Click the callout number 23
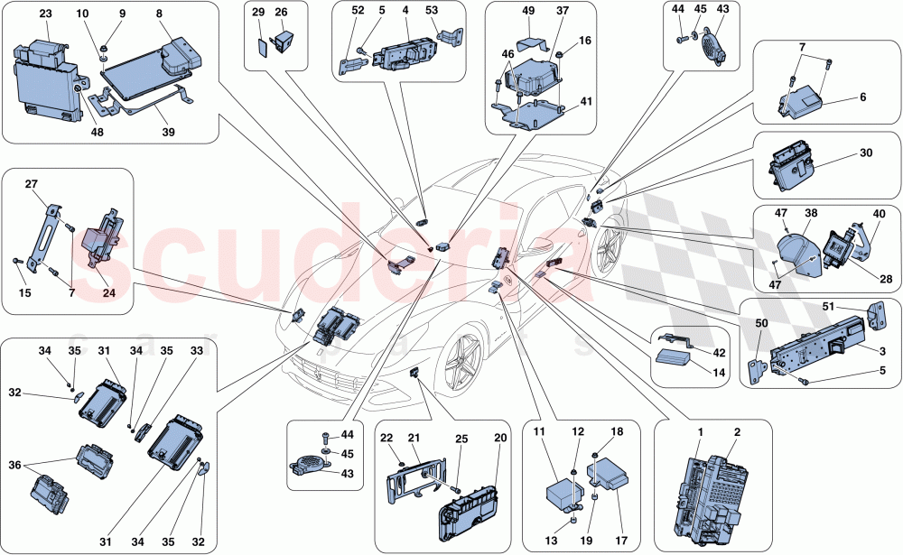45,14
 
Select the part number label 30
866,153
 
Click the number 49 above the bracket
528,10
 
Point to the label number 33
197,351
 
